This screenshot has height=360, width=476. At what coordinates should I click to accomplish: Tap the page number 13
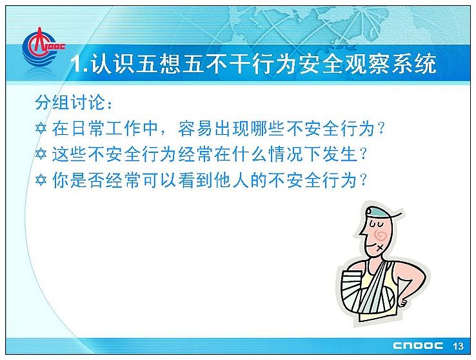tap(458, 346)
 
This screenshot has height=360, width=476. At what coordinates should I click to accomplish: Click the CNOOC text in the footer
tap(418, 346)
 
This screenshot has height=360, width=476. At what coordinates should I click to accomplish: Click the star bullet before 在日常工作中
tap(41, 128)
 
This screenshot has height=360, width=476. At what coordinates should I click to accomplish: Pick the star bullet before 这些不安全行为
tap(41, 154)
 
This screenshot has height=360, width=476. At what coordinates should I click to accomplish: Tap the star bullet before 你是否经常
tap(41, 180)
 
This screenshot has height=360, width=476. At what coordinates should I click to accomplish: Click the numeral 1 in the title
tap(77, 64)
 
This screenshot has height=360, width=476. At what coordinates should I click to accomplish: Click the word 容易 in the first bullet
tap(195, 128)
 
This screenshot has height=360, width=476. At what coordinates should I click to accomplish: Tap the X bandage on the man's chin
tap(379, 248)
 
